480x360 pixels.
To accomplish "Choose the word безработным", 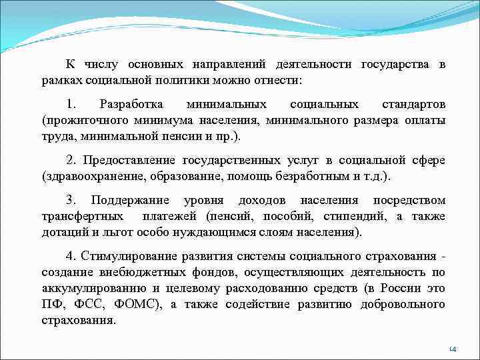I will click(x=307, y=175).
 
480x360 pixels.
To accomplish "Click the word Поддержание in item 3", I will click(x=127, y=201).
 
